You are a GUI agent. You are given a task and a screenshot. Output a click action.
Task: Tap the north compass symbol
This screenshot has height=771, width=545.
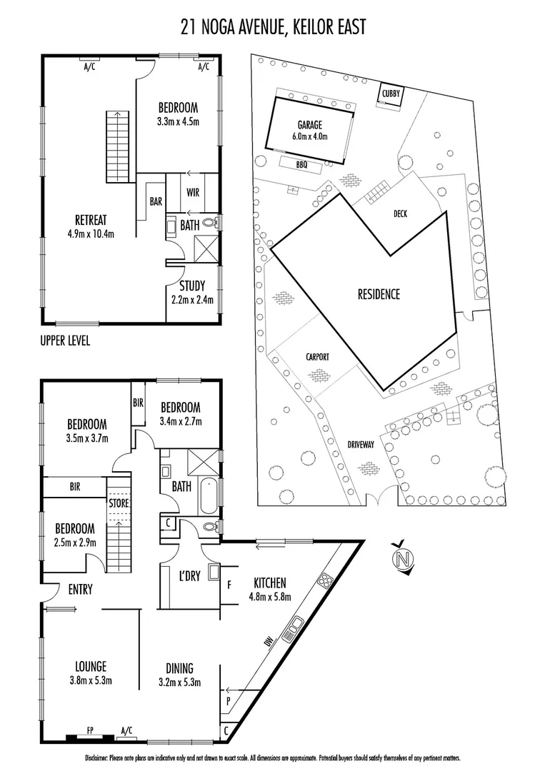point(404,557)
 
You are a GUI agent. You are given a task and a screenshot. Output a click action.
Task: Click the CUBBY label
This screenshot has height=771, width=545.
point(391,94)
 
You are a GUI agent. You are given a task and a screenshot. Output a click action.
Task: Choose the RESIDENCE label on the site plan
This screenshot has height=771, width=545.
point(379,294)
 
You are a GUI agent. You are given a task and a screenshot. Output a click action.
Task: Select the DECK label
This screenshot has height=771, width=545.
point(400,213)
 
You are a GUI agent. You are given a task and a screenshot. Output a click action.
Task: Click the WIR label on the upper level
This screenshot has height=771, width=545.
point(193,193)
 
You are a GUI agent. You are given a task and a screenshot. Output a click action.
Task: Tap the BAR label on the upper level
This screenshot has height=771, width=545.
point(156,202)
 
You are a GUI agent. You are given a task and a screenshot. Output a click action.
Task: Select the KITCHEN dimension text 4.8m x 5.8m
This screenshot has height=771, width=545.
point(269,597)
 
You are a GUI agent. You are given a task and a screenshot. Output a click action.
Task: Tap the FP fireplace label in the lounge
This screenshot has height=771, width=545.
point(89,730)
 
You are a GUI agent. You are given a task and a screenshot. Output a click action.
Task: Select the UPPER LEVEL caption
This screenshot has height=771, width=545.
point(65,341)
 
